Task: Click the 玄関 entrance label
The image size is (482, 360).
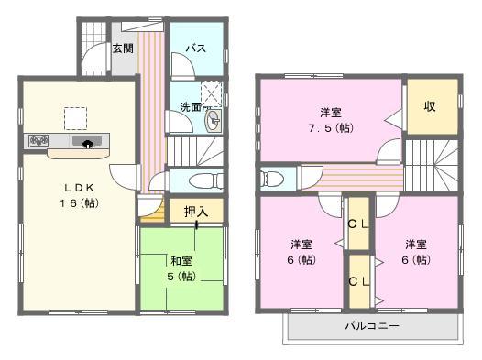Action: coord(123,48)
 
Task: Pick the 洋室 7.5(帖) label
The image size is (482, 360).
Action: coord(331,120)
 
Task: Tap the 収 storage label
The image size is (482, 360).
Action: coord(428,105)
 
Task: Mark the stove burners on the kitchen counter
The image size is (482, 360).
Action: coord(38,141)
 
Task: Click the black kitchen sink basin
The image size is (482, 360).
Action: coord(90,142)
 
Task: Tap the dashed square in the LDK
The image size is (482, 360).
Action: coord(75,117)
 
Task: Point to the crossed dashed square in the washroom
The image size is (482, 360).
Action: coord(213,93)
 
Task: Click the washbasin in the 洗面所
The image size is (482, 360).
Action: coord(212,125)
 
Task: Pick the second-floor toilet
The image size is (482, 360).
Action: coord(273,178)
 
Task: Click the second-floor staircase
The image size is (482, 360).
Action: coord(430,165)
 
